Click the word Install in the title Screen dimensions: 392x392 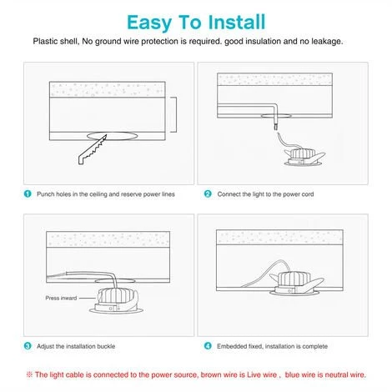point(237,22)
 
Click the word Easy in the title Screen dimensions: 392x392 point(149,23)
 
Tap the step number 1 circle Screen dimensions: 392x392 point(28,193)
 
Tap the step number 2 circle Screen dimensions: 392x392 point(208,193)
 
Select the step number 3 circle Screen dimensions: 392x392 point(28,346)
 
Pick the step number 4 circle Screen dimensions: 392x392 point(208,346)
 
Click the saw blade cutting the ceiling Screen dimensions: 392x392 point(93,150)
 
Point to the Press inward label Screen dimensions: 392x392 point(61,298)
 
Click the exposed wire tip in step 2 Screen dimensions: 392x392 point(275,127)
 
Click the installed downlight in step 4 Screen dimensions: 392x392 point(297,283)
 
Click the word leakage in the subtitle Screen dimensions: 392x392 point(327,42)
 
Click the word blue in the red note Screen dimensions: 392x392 point(293,374)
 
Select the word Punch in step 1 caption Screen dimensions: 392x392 point(46,194)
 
